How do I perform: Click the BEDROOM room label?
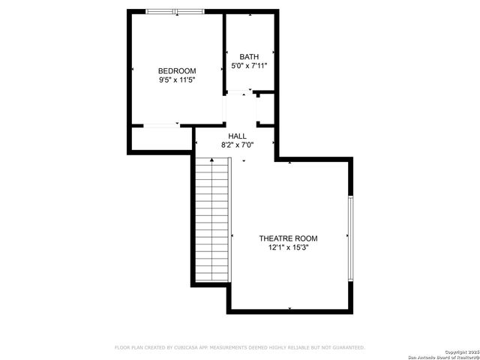(x=177, y=71)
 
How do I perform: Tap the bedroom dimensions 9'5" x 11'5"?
(x=177, y=79)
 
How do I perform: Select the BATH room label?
(x=249, y=57)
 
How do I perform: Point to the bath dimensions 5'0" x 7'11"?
(x=249, y=66)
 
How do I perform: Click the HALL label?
(x=237, y=136)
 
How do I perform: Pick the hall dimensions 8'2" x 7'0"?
(x=237, y=145)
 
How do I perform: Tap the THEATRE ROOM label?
(x=289, y=238)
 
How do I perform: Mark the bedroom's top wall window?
(x=175, y=11)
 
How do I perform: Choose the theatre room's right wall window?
(x=349, y=238)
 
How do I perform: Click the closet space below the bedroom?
(x=161, y=139)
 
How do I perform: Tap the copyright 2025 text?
(x=460, y=352)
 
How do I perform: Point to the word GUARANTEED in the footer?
(x=347, y=347)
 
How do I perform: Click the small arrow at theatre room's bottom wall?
(x=289, y=307)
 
